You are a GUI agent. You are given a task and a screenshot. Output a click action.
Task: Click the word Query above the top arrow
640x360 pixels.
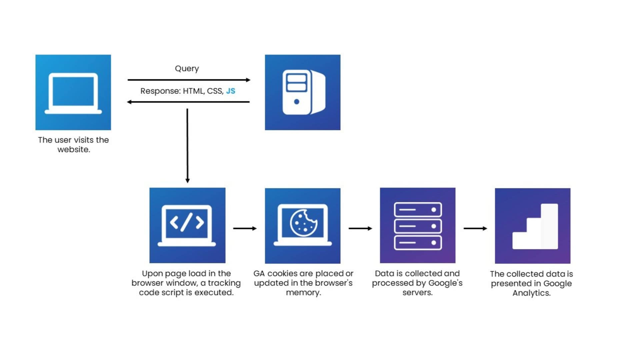[x=187, y=69]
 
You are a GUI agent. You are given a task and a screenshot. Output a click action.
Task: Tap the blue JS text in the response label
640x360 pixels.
[x=230, y=91]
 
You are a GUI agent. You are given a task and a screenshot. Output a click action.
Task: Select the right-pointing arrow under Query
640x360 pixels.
[x=189, y=80]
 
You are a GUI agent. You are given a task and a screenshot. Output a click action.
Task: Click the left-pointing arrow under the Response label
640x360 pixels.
[x=189, y=102]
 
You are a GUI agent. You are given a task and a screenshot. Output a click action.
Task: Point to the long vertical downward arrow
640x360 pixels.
[x=187, y=146]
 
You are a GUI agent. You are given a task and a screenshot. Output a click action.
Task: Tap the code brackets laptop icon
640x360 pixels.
[x=187, y=226]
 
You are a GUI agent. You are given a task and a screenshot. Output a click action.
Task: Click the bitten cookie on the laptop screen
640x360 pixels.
[x=303, y=223]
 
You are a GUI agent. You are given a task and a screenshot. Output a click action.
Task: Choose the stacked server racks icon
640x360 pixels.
[x=418, y=226]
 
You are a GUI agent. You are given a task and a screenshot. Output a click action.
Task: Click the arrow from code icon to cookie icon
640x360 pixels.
[x=245, y=228]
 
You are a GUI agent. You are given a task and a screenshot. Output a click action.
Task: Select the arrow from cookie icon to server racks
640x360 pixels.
[x=360, y=228]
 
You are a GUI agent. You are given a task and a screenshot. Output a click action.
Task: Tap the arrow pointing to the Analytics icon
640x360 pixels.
[x=475, y=228]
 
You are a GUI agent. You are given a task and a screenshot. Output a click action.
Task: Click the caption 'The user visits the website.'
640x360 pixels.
[x=73, y=145]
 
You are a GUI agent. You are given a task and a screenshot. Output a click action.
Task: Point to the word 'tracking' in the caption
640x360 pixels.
[x=224, y=283]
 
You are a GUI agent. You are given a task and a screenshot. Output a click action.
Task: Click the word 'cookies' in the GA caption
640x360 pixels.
[x=282, y=274]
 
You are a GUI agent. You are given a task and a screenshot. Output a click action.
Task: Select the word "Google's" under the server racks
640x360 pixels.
[x=445, y=283]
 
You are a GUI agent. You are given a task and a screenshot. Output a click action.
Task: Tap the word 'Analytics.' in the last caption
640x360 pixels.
[x=531, y=293]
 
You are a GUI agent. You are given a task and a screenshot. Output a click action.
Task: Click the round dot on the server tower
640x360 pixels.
[x=296, y=102]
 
